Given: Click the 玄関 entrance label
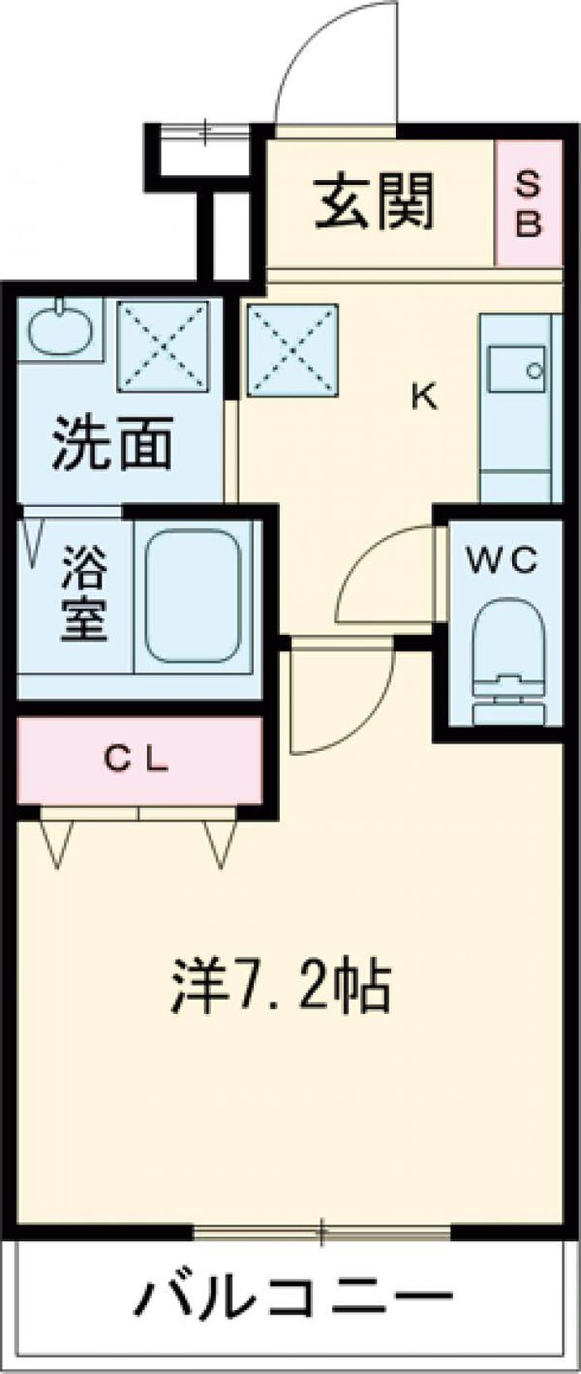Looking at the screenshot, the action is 373,202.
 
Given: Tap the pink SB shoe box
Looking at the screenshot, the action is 529,203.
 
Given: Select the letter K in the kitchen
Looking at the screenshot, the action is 424,397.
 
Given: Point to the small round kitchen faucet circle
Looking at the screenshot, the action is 535,370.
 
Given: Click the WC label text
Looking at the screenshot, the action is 501,560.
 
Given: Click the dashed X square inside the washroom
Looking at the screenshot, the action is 164,346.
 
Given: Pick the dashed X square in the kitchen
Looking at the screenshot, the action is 293,348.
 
